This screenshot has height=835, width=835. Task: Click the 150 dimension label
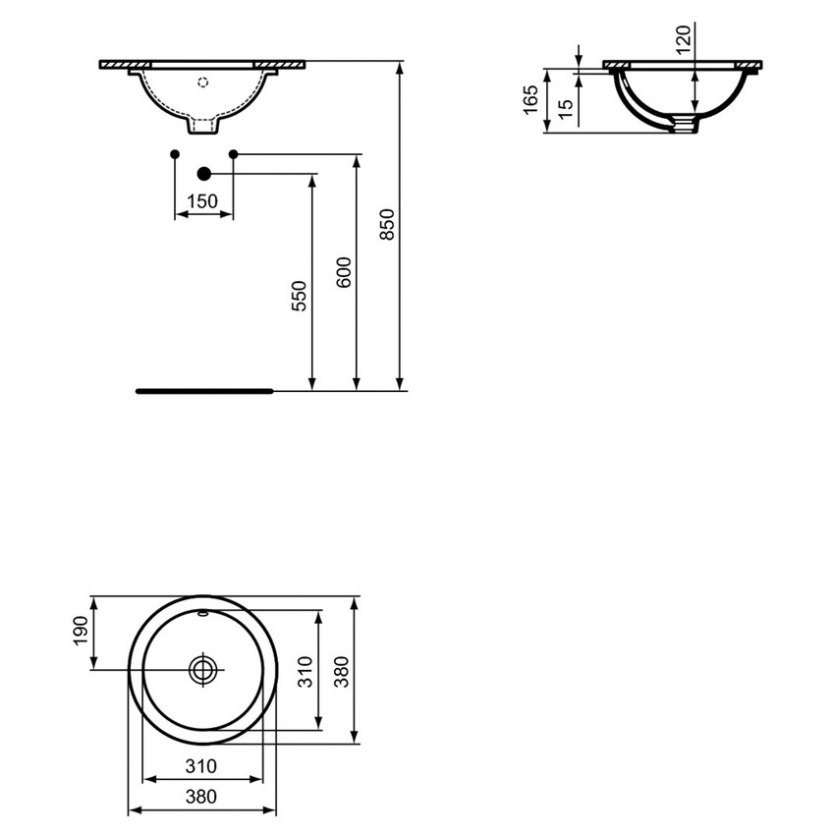[x=202, y=200]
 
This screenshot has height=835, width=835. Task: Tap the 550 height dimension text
[x=300, y=296]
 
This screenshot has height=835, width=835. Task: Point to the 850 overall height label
[x=387, y=225]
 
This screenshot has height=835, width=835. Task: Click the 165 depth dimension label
[x=529, y=99]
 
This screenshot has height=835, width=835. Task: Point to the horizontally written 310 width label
[x=200, y=766]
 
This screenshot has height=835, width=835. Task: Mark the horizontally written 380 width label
[x=200, y=798]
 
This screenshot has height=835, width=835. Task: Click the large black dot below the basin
[x=203, y=174]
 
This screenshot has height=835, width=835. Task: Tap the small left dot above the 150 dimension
[x=174, y=153]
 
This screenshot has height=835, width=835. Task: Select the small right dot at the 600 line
[x=233, y=153]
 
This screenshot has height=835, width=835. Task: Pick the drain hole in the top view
[x=203, y=670]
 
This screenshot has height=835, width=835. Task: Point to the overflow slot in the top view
[x=203, y=615]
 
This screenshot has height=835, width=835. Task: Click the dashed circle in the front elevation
[x=204, y=82]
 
